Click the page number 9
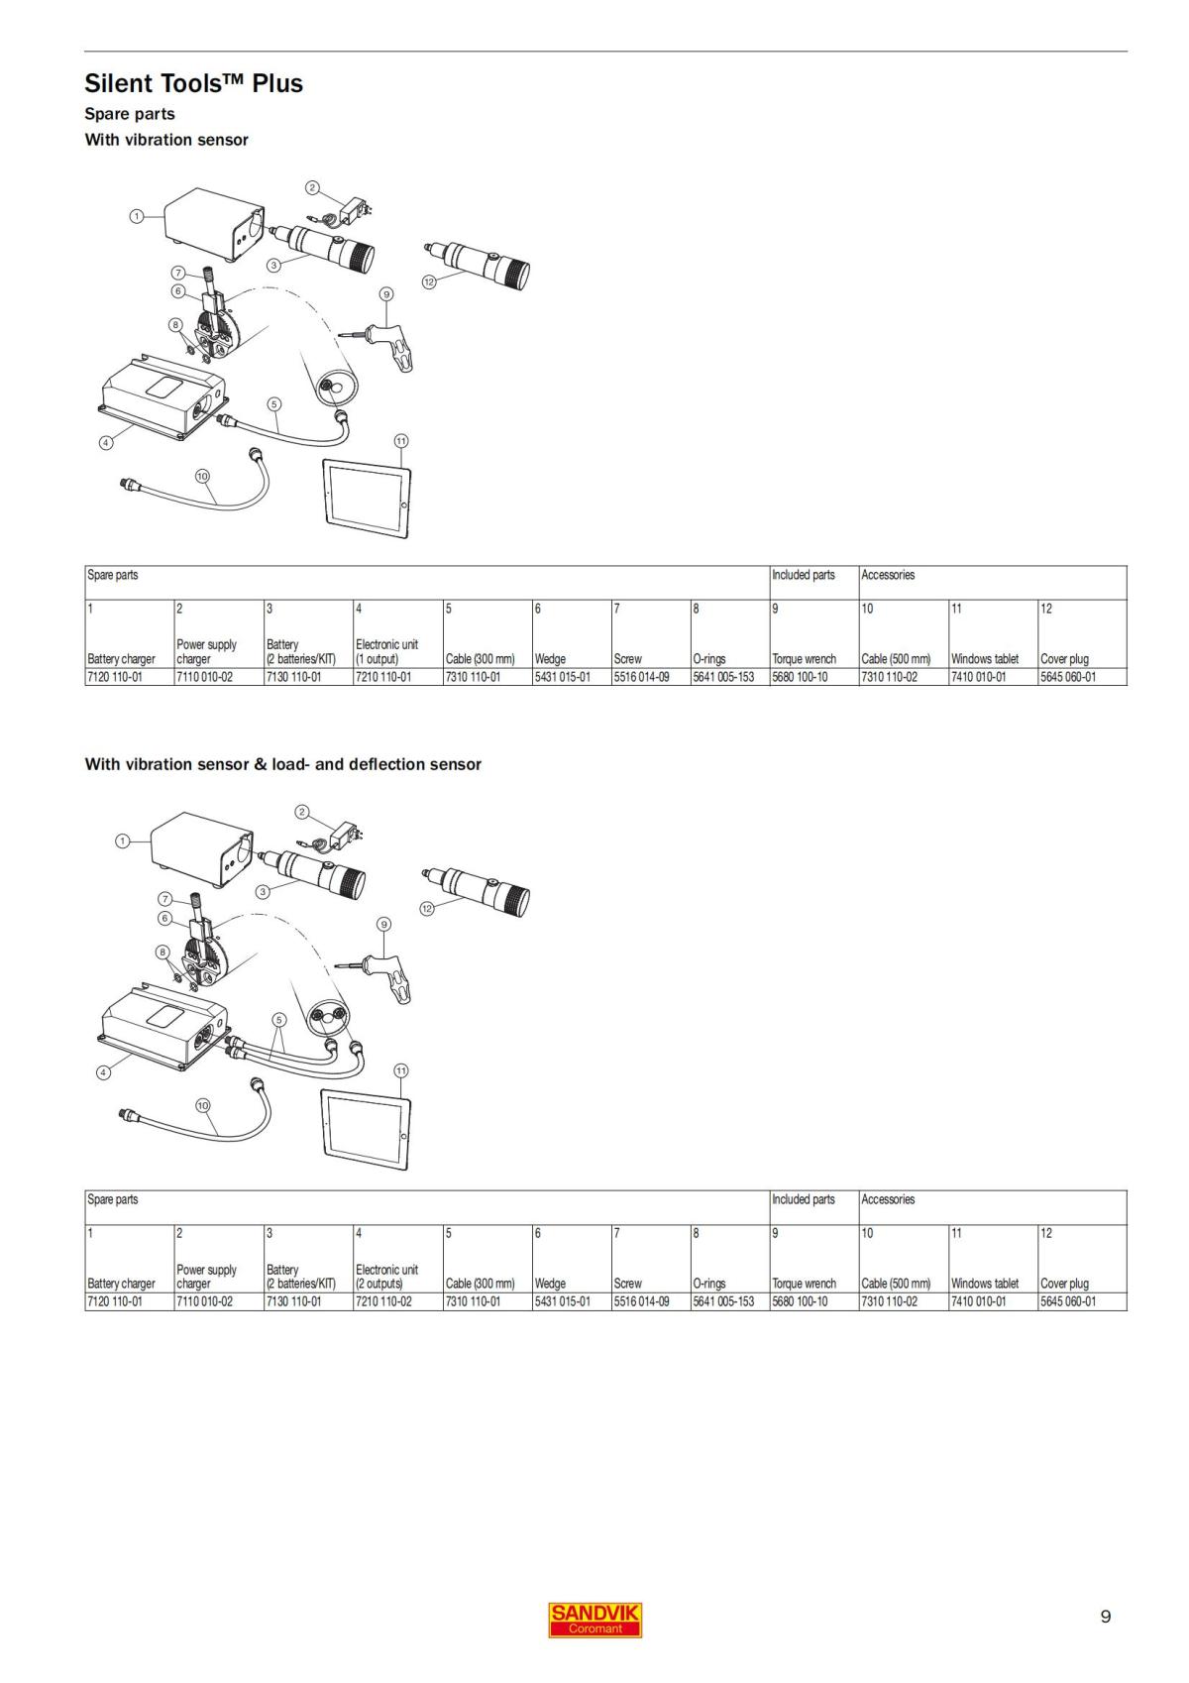coord(1105,1617)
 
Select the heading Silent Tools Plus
coord(194,82)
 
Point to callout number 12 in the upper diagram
coord(428,282)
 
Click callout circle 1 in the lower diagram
coord(122,841)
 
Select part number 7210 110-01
coord(383,677)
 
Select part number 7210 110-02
coord(383,1301)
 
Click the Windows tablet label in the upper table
coord(984,659)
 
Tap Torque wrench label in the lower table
coord(804,1284)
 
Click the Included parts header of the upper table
coord(803,575)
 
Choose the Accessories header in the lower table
coord(888,1199)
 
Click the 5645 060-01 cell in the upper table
coord(1067,677)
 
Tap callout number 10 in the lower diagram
coord(203,1105)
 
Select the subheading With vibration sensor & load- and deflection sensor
coord(283,764)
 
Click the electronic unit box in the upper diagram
coord(162,398)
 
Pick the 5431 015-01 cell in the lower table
coord(562,1301)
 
